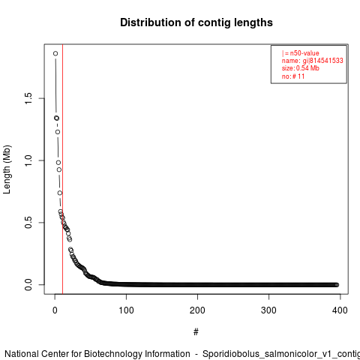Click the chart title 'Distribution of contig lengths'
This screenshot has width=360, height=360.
pos(196,22)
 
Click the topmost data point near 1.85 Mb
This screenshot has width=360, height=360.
pos(55,53)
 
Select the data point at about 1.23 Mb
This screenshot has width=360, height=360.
pos(58,132)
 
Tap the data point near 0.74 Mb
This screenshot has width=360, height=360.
pos(60,193)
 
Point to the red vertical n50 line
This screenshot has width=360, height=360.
pos(62,169)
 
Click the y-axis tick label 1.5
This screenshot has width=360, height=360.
pos(28,98)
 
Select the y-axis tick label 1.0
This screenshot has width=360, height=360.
pos(28,160)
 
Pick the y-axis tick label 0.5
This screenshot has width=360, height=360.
pos(28,223)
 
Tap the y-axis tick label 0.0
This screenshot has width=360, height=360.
pos(28,284)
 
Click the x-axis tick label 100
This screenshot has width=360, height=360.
pos(126,310)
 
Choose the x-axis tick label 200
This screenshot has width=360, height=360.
pos(197,310)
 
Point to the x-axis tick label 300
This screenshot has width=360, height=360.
pos(268,310)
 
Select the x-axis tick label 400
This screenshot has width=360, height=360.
pos(340,310)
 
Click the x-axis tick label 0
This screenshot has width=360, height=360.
pos(55,310)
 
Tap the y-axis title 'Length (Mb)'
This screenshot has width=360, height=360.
pos(7,169)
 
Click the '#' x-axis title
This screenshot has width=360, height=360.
pos(196,332)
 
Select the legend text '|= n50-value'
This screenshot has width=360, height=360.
pos(301,53)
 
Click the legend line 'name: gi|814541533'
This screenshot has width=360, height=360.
pos(313,61)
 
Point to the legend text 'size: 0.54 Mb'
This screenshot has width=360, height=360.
pos(301,68)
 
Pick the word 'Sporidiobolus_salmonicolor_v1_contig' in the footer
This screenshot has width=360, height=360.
pos(281,354)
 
